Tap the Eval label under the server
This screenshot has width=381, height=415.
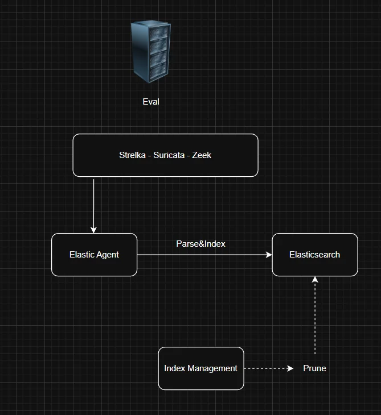click(151, 102)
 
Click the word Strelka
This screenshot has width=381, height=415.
click(132, 155)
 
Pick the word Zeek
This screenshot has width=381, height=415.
click(202, 155)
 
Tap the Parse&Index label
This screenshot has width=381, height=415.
click(200, 243)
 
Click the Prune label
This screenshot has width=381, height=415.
click(314, 368)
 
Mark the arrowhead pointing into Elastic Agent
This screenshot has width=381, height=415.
click(93, 230)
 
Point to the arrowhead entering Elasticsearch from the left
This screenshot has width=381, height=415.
click(269, 255)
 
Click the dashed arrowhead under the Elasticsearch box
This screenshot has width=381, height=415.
click(315, 280)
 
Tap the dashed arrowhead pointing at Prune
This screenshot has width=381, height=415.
click(290, 368)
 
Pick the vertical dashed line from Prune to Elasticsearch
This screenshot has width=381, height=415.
click(315, 318)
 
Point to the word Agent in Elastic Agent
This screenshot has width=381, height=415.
click(107, 255)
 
